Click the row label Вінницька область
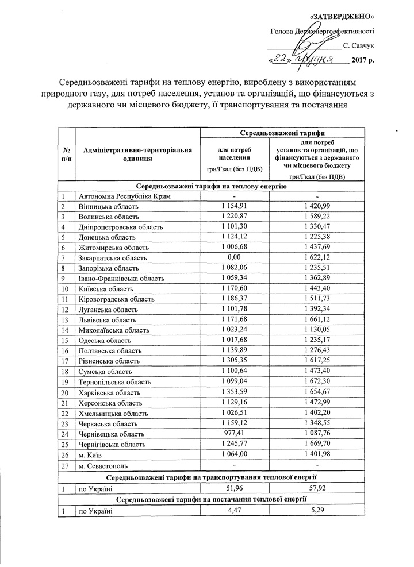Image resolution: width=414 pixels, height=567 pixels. click(110, 206)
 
